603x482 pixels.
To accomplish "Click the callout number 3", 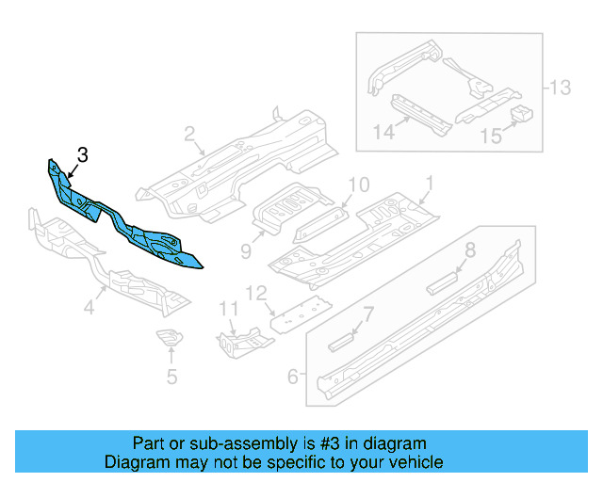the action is [x=83, y=155].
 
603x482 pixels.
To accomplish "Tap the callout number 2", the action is [x=189, y=134].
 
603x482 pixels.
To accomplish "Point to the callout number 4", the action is [x=90, y=308].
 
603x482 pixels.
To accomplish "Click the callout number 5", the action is [x=171, y=377].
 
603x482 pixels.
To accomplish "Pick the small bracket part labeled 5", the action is [x=170, y=337].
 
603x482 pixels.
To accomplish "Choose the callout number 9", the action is [x=246, y=251].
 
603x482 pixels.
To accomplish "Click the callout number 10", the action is [x=359, y=185].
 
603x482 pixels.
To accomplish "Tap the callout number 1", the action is [x=430, y=184].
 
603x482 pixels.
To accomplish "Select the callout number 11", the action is [x=228, y=309].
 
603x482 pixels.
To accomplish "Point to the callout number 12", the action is [x=256, y=294].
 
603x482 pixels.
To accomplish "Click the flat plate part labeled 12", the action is [x=301, y=314].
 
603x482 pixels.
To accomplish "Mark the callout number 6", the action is [x=293, y=377].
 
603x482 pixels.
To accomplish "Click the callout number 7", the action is [x=368, y=314].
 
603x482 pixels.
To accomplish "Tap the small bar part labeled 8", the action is [x=442, y=283].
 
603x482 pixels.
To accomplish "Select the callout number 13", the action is [x=560, y=88].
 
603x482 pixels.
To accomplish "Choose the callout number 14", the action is [x=383, y=132].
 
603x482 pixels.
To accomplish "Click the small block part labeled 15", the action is [x=521, y=113].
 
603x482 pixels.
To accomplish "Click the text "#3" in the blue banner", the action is [x=331, y=443].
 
